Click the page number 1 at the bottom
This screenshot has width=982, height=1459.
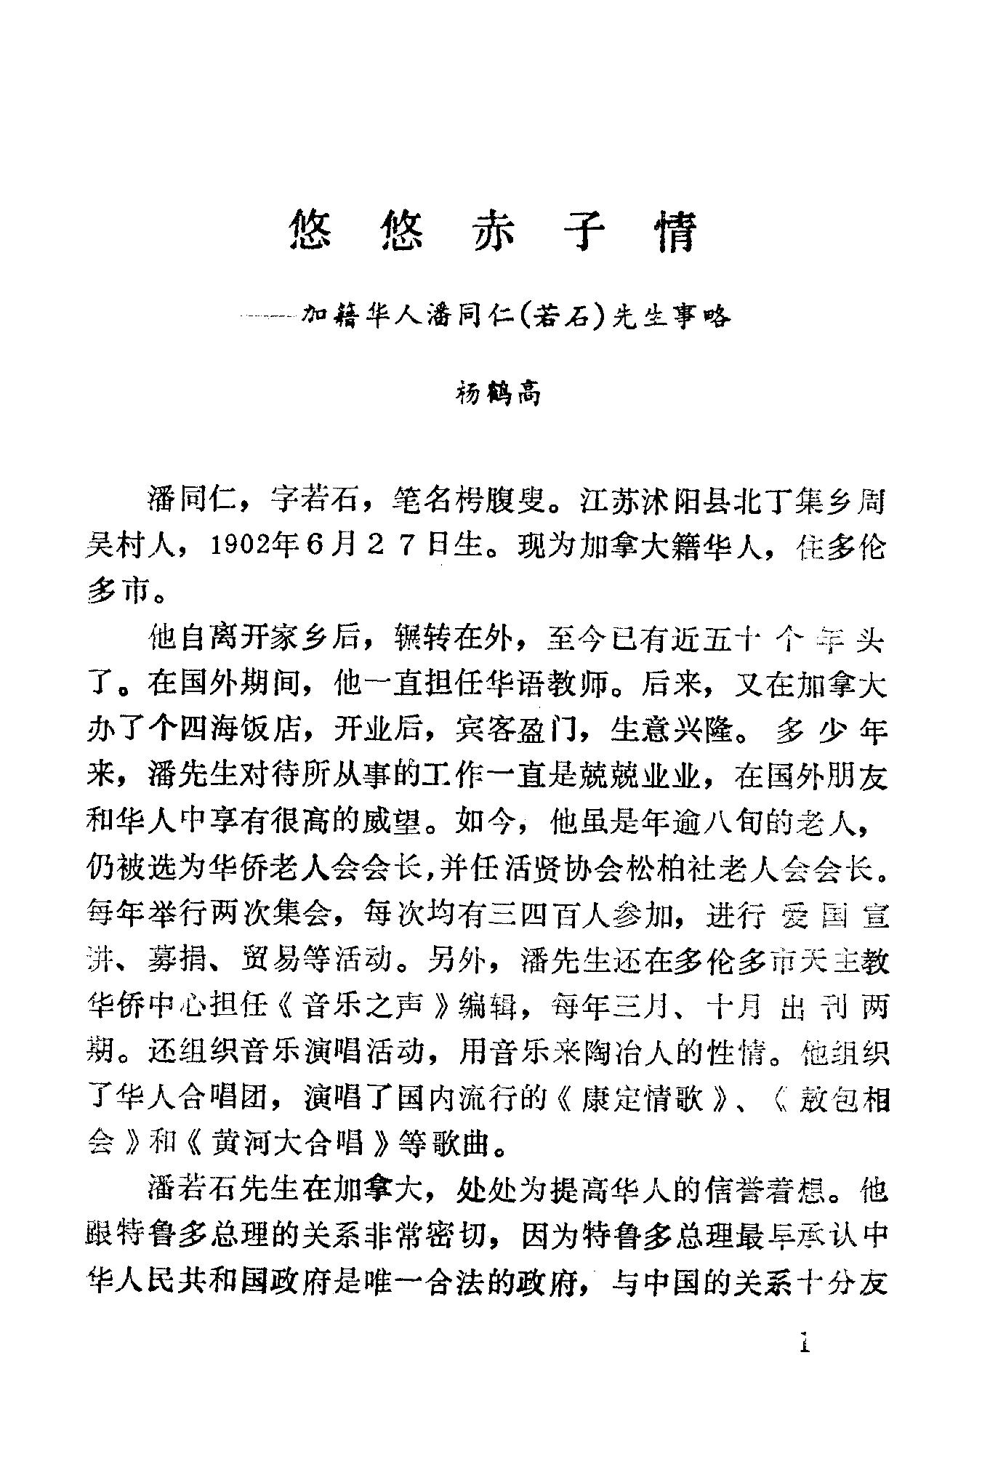coord(804,1341)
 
